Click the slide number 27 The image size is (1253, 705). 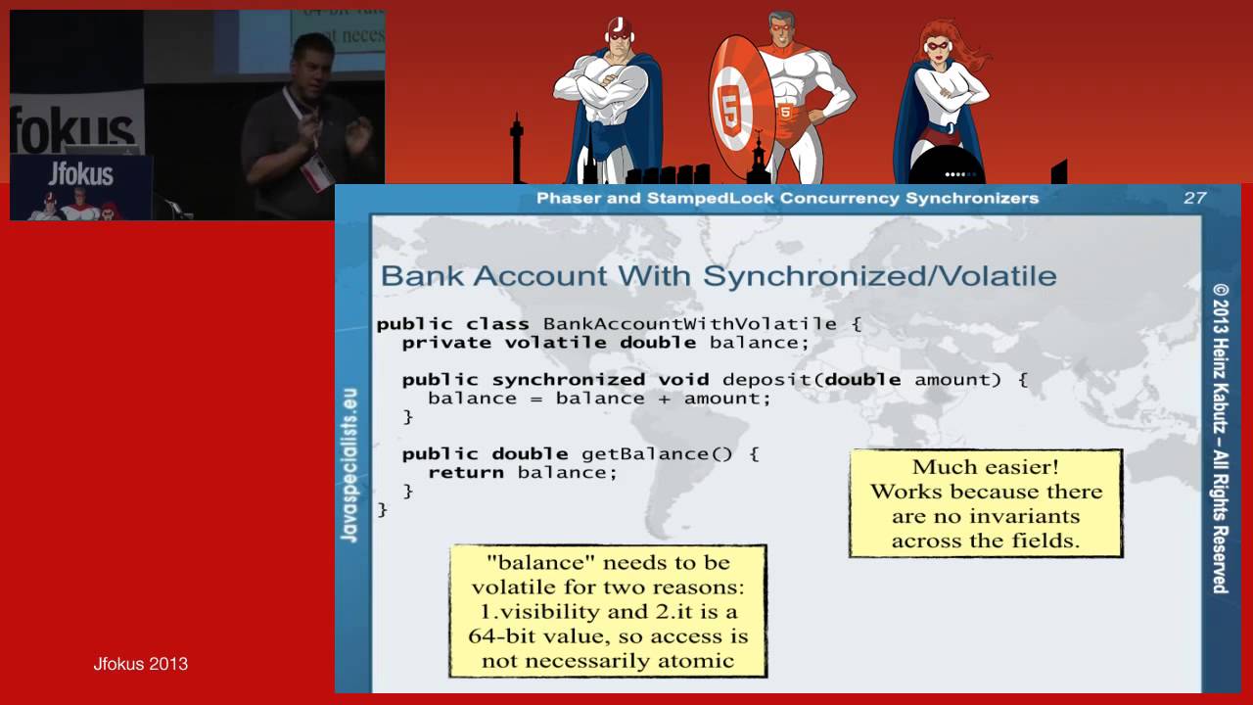pos(1194,198)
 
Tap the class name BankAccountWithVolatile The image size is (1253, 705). pos(689,324)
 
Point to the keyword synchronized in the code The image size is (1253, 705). pos(568,380)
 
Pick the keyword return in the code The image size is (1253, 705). pos(466,473)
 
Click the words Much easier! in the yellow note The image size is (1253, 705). pos(985,467)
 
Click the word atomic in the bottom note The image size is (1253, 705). pos(699,661)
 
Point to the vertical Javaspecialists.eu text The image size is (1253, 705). pos(350,465)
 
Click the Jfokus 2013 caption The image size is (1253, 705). pos(140,664)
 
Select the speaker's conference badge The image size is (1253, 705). pos(316,172)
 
